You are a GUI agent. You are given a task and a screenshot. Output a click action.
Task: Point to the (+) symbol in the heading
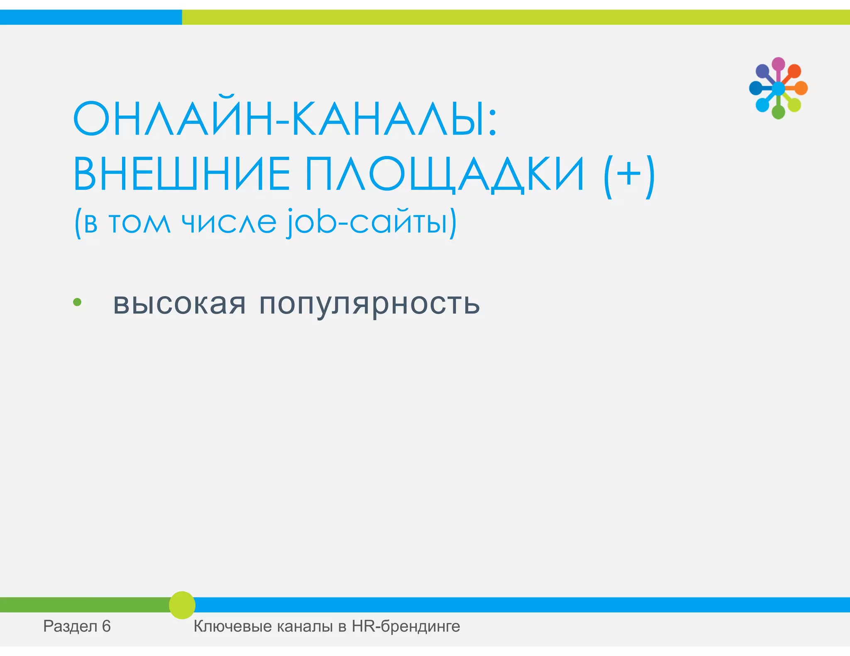pyautogui.click(x=629, y=175)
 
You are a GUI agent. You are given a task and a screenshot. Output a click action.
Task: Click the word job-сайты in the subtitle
pyautogui.click(x=371, y=222)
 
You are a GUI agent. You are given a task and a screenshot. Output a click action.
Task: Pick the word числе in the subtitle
pyautogui.click(x=229, y=222)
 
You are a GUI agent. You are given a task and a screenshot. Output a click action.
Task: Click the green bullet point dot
pyautogui.click(x=77, y=302)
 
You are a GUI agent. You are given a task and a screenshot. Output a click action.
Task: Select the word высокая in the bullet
pyautogui.click(x=179, y=304)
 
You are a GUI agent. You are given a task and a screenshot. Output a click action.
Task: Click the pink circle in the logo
pyautogui.click(x=778, y=64)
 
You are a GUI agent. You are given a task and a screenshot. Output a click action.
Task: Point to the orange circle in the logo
pyautogui.click(x=801, y=88)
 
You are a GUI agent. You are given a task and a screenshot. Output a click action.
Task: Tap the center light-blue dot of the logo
pyautogui.click(x=778, y=88)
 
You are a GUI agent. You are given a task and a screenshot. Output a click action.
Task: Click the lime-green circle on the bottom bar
pyautogui.click(x=182, y=605)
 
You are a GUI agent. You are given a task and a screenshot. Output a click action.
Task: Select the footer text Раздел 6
pyautogui.click(x=77, y=626)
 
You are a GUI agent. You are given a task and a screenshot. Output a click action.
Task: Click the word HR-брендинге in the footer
pyautogui.click(x=406, y=626)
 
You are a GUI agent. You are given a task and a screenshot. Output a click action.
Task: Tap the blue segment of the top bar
pyautogui.click(x=90, y=17)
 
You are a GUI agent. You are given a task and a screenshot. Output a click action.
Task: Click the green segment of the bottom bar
pyautogui.click(x=83, y=605)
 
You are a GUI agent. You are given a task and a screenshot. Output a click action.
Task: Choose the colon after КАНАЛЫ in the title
pyautogui.click(x=492, y=124)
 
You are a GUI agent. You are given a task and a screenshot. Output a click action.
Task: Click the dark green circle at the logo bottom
pyautogui.click(x=778, y=112)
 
